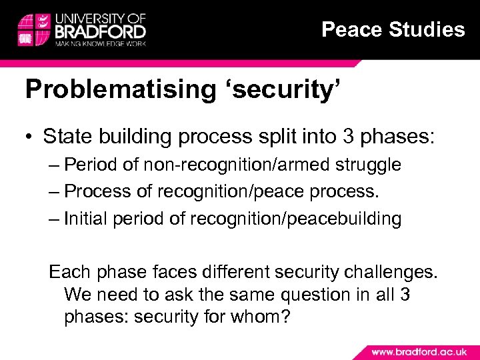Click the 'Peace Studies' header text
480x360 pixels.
(393, 29)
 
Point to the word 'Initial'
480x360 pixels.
(87, 219)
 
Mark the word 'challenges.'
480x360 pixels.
(391, 271)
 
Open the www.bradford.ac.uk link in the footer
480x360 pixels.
(419, 351)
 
